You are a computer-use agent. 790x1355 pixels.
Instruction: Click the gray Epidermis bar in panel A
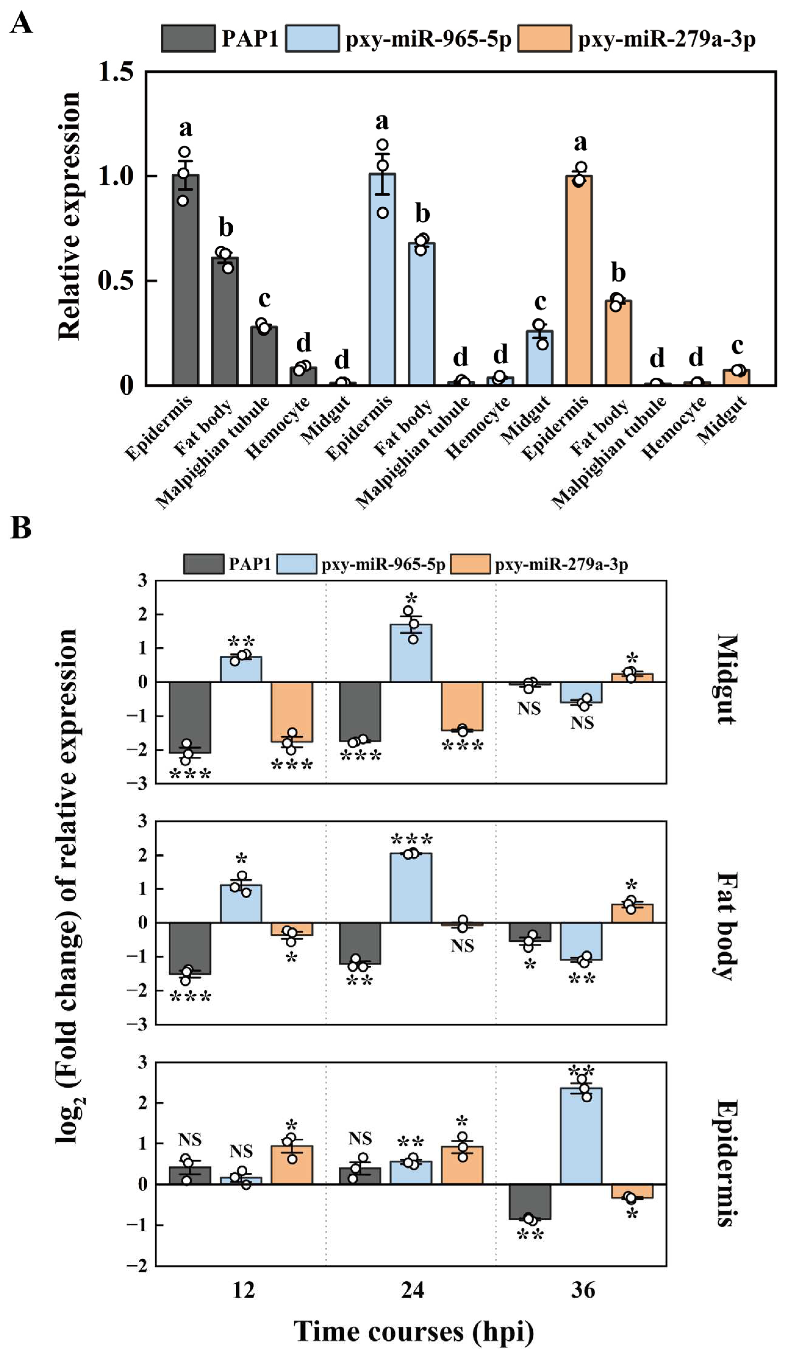tap(186, 279)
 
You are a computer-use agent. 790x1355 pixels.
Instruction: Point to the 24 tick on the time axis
tap(413, 1289)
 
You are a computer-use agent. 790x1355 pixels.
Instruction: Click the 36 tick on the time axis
tap(582, 1289)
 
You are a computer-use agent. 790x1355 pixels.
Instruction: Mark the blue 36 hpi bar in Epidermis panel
tap(581, 1136)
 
